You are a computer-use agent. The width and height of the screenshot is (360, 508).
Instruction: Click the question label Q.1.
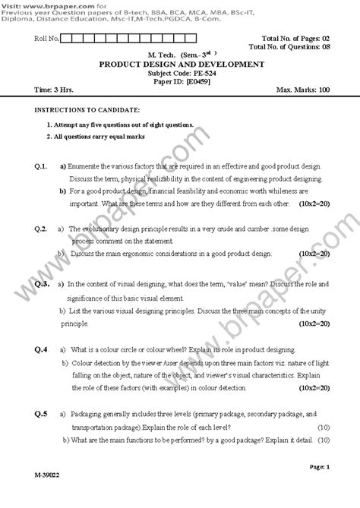click(x=41, y=166)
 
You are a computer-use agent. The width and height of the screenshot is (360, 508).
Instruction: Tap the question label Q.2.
click(x=41, y=228)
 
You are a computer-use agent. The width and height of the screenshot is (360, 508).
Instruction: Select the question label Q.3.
click(x=42, y=283)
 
